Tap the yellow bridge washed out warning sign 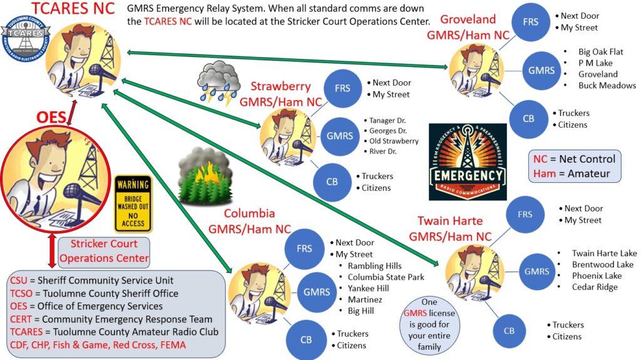tap(133, 203)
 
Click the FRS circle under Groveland tap(530, 22)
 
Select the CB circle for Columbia tap(306, 340)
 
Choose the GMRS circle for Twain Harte tap(536, 271)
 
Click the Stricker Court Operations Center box tap(105, 250)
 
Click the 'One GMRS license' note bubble tap(429, 323)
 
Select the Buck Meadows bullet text tap(607, 86)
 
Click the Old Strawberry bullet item tap(394, 141)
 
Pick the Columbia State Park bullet tap(386, 277)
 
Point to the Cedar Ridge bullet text tap(594, 287)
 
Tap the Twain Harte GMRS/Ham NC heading tap(454, 229)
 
